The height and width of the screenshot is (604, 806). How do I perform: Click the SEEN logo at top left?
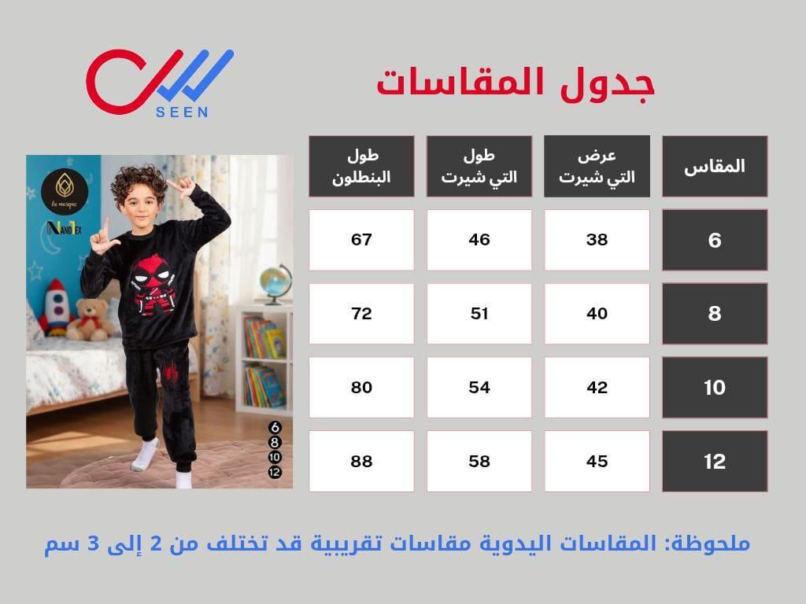[x=157, y=83]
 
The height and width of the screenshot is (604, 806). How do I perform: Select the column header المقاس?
[x=715, y=166]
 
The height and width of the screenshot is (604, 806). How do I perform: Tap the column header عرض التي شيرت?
[x=597, y=166]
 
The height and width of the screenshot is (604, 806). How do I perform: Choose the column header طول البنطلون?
[x=361, y=166]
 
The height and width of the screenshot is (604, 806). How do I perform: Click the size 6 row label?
[x=715, y=240]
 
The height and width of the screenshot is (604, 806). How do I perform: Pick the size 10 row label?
[x=715, y=388]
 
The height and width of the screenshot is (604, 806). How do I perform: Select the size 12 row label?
[x=715, y=462]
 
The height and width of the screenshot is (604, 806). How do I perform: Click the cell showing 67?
[x=361, y=240]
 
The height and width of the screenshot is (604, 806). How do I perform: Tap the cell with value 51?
[x=479, y=314]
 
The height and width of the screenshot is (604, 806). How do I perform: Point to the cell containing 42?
[x=597, y=388]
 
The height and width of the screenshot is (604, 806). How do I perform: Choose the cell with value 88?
[x=361, y=462]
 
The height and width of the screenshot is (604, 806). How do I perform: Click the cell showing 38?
[x=597, y=240]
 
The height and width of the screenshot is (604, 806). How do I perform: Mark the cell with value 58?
[x=479, y=462]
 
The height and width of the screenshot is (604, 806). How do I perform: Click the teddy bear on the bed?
[x=90, y=319]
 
